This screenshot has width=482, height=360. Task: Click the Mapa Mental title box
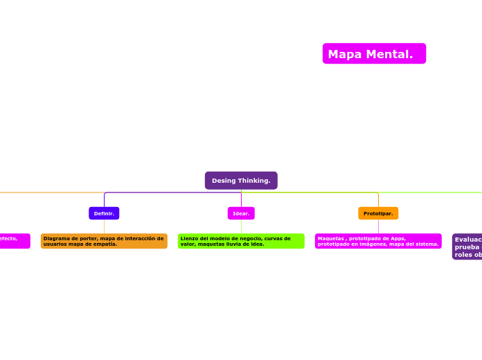pos(374,54)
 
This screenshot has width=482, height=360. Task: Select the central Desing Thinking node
pos(241,181)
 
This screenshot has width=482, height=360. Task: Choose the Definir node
pos(104,213)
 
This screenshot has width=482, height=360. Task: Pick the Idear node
pos(241,213)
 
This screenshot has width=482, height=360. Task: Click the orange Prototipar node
pos(378,213)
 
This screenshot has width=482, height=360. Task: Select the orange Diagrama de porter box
pos(104,241)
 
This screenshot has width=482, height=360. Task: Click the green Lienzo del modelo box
pos(241,241)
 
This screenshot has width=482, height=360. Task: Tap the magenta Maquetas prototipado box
pos(378,241)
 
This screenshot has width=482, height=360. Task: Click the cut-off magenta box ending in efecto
pos(14,241)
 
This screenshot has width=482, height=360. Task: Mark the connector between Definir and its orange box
pos(104,226)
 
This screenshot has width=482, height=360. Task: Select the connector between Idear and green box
pos(241,226)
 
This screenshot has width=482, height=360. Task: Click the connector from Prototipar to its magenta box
pos(378,226)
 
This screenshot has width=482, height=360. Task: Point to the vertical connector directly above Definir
pos(104,200)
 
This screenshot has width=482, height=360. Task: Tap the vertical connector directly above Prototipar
pos(378,200)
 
